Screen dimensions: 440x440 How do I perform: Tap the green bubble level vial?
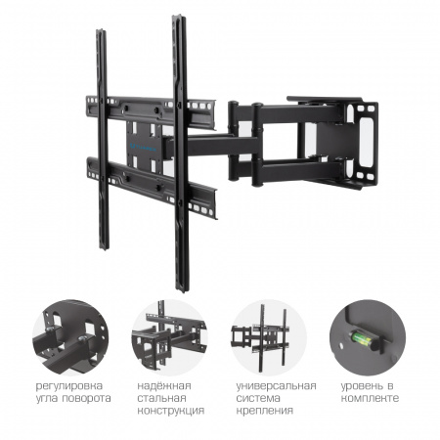coord(361,339)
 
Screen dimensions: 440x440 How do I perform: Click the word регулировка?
coord(69,386)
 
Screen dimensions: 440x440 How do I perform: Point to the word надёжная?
coord(164,386)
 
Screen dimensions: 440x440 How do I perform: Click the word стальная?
coord(161,398)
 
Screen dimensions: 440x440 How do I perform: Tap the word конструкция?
coord(171,411)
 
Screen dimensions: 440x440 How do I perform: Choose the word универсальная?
coord(276,386)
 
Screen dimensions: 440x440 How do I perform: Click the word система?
coord(258,398)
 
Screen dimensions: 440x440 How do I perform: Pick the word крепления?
coord(265,411)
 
